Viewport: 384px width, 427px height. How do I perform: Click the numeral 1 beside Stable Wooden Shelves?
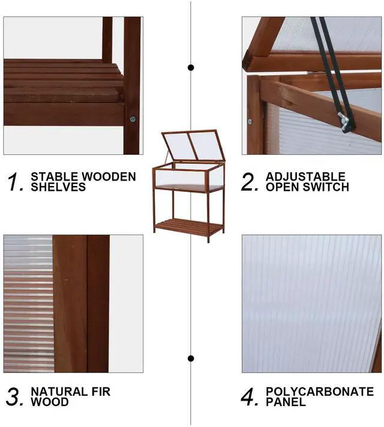[16, 182]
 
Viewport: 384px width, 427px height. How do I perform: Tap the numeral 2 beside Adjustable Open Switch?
[250, 182]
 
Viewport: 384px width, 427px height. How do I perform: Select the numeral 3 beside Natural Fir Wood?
[15, 396]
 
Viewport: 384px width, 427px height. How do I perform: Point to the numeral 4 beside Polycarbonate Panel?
[250, 396]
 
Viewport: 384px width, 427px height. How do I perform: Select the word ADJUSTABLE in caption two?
[305, 176]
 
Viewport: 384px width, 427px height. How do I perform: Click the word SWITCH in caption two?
[328, 187]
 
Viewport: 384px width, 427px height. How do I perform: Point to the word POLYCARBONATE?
[319, 392]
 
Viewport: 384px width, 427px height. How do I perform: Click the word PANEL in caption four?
[286, 402]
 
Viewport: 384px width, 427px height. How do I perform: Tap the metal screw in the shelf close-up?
[133, 119]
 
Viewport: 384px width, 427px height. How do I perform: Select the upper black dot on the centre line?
[191, 67]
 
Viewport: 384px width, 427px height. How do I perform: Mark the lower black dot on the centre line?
[191, 359]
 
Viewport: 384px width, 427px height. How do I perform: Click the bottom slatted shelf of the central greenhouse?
[188, 226]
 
